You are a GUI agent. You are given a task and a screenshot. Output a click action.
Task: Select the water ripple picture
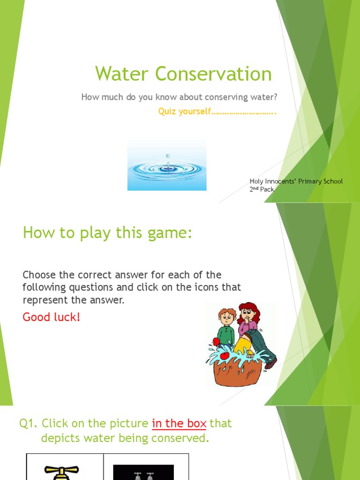tap(167, 165)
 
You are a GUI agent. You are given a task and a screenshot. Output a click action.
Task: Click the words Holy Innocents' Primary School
tap(296, 181)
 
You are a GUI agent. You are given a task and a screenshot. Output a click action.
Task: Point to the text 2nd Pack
tap(262, 189)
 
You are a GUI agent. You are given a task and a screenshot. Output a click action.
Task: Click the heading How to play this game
tap(107, 233)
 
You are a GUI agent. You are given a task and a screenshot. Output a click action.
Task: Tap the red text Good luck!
tap(52, 317)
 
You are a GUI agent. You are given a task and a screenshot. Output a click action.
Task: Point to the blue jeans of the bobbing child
tap(262, 345)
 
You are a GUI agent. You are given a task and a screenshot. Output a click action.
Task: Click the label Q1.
tap(28, 424)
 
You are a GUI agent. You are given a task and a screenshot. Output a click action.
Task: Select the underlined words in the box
tap(179, 424)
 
